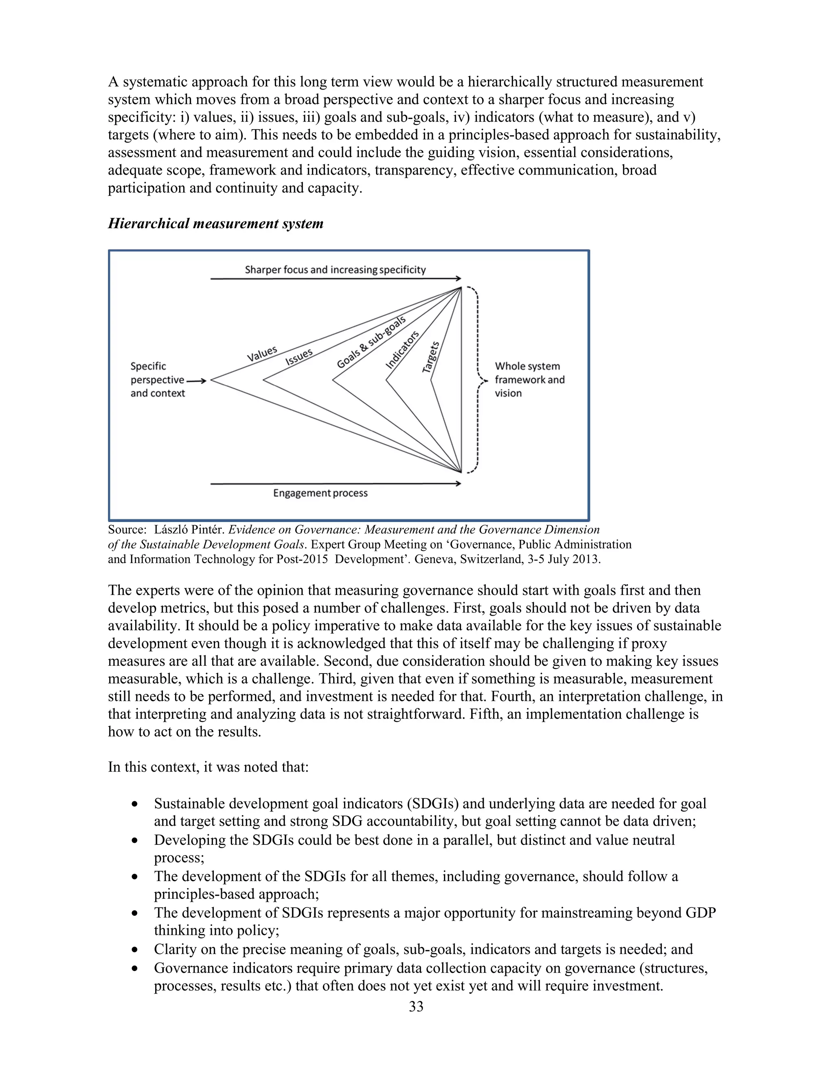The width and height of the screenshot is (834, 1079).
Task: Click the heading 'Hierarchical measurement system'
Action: pyautogui.click(x=215, y=224)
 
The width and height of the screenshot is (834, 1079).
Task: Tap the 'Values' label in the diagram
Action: pyautogui.click(x=262, y=353)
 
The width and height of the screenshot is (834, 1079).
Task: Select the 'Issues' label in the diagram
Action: pyautogui.click(x=299, y=356)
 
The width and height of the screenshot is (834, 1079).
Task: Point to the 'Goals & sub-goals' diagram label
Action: pyautogui.click(x=371, y=342)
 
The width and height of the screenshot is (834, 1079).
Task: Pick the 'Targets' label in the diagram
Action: pyautogui.click(x=431, y=357)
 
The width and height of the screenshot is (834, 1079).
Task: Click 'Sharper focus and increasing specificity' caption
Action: pyautogui.click(x=335, y=270)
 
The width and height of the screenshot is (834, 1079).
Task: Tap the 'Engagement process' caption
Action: pyautogui.click(x=320, y=493)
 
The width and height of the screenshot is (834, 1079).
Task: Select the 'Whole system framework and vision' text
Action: pyautogui.click(x=529, y=379)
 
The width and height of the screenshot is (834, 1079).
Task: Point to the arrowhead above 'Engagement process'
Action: pyautogui.click(x=459, y=484)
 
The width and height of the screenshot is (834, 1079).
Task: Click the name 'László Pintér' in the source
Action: pyautogui.click(x=190, y=530)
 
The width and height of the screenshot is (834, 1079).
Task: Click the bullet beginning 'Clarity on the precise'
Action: pyautogui.click(x=423, y=949)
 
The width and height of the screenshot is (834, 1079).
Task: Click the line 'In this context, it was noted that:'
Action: pyautogui.click(x=208, y=767)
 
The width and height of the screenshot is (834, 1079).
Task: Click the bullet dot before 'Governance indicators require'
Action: pyautogui.click(x=135, y=968)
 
